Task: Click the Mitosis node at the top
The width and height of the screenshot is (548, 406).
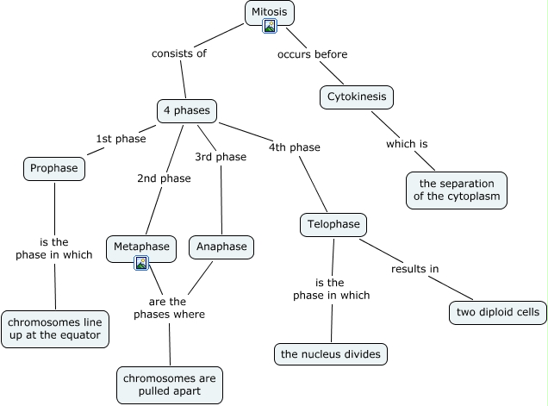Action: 270,13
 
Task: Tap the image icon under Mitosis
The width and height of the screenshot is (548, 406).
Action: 270,26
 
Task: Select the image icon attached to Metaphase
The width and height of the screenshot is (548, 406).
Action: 141,263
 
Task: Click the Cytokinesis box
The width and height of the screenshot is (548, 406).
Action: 357,97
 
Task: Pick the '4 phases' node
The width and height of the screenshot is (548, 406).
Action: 187,111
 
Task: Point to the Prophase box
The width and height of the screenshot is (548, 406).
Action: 54,169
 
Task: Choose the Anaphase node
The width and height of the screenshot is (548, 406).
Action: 221,247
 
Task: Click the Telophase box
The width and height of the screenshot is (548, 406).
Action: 333,224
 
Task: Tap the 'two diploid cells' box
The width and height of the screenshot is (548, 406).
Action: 498,312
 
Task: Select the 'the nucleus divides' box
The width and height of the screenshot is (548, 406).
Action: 331,354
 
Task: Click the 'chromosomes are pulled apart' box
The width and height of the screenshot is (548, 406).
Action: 170,385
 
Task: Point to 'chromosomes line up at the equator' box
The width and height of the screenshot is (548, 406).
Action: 55,329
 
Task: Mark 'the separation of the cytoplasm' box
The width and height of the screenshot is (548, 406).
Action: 457,191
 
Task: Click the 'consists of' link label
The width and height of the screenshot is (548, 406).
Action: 179,53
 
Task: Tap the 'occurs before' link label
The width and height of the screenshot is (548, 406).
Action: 312,54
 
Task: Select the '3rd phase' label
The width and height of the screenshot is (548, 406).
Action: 221,157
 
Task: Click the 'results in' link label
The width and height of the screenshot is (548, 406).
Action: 414,269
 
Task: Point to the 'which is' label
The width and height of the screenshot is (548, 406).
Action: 407,144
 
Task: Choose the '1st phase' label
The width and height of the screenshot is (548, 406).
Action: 121,139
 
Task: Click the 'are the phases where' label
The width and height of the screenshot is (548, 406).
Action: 169,308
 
